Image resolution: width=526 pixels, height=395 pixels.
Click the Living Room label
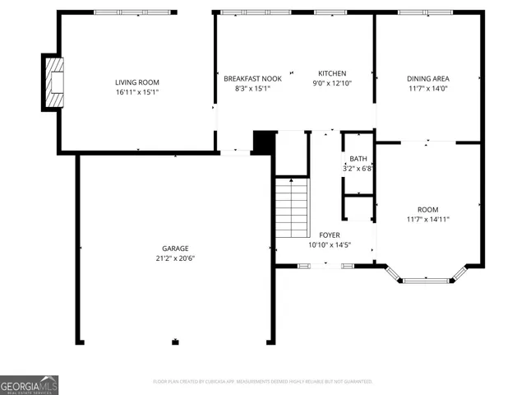tap(136, 81)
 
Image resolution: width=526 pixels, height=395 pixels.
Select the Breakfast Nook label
tap(252, 78)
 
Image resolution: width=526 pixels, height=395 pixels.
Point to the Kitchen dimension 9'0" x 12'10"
tap(332, 83)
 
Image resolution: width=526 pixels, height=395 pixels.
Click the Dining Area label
tap(427, 78)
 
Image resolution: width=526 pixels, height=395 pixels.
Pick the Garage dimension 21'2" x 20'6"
tap(175, 258)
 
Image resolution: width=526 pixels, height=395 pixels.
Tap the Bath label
tap(358, 159)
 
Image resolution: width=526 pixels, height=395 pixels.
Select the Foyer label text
tap(329, 235)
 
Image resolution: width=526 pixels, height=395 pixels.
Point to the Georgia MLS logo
tap(30, 385)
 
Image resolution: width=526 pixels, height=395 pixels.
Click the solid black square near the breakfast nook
tap(263, 142)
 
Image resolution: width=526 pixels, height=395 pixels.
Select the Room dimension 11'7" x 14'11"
tap(427, 219)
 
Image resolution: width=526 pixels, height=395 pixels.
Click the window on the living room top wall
tap(134, 12)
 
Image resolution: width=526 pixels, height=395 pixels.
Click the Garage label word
tap(175, 248)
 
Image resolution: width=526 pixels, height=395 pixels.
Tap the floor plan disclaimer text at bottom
tap(263, 382)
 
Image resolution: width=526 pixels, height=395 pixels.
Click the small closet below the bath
tap(358, 208)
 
